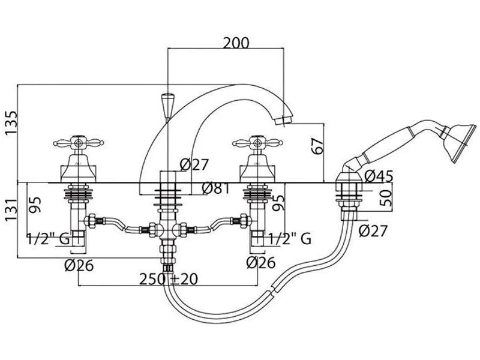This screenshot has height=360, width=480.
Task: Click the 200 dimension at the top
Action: (236, 43)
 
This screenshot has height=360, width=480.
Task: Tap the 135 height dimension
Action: (11, 123)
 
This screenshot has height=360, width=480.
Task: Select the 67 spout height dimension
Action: (317, 146)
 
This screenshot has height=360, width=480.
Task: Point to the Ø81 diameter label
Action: (216, 188)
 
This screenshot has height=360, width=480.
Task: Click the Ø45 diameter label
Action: (379, 176)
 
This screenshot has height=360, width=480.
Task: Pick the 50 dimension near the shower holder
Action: (385, 198)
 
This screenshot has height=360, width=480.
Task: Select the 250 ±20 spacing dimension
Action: (169, 279)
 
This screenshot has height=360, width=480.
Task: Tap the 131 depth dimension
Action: (11, 210)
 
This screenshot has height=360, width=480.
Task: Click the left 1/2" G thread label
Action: (49, 239)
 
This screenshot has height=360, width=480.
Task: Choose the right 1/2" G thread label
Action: (290, 239)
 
